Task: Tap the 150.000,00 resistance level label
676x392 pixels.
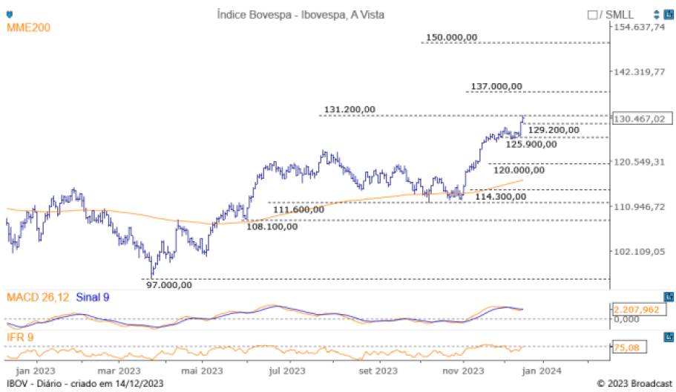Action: (452, 38)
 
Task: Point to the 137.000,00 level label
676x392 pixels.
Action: (497, 86)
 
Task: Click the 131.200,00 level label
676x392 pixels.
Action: (350, 110)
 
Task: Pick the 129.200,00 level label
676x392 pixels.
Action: (553, 130)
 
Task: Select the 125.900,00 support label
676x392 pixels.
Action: (531, 144)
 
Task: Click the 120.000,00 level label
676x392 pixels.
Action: (519, 170)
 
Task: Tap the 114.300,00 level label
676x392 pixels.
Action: (501, 197)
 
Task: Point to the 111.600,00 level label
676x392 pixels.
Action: (299, 210)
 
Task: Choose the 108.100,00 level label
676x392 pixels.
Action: (272, 226)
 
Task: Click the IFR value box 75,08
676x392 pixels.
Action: (629, 346)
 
